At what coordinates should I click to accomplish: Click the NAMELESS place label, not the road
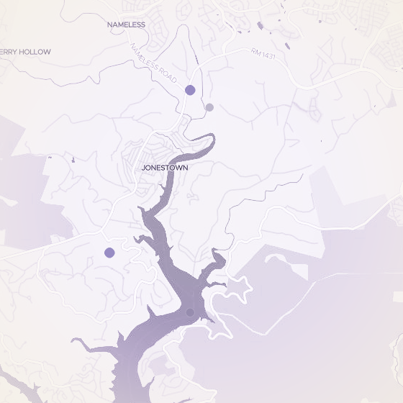pos(126,24)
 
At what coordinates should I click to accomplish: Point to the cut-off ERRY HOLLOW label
pos(25,52)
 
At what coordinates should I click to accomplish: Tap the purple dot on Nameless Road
pos(190,90)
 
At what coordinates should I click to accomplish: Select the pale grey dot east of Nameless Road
pos(209,107)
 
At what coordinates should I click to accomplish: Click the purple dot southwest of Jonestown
pos(109,253)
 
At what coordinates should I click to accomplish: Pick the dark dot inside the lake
pos(190,312)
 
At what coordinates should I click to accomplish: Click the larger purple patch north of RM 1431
pos(260,26)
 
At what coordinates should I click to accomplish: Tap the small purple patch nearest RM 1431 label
pos(287,46)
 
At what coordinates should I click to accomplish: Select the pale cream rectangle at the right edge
pos(398,296)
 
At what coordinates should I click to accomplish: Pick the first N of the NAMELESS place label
pos(109,24)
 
